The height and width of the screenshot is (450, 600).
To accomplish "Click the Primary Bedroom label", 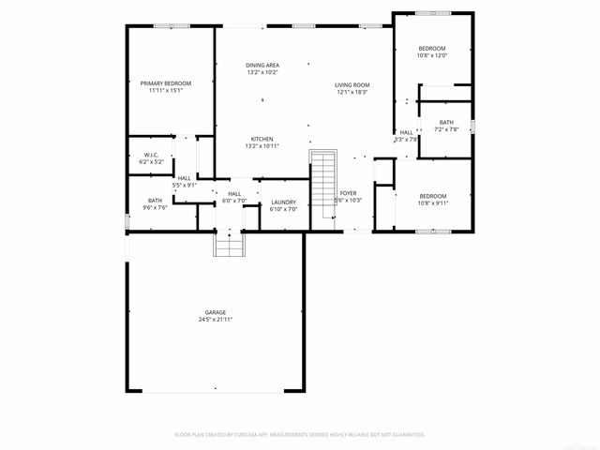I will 165,83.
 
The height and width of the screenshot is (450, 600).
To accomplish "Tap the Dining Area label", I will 262,65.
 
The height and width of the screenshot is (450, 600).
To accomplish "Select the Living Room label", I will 352,84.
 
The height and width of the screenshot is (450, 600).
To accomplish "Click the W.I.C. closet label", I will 152,155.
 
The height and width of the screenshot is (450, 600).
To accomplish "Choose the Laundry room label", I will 284,202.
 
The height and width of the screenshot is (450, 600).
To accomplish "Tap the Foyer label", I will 348,193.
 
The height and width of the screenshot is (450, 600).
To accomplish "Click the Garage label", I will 216,312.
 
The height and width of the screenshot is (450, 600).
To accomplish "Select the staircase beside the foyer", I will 322,183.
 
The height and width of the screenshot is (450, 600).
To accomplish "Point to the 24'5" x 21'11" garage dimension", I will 216,320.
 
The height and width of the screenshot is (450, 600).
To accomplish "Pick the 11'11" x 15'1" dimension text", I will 165,91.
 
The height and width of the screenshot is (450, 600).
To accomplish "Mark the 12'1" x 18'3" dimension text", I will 352,92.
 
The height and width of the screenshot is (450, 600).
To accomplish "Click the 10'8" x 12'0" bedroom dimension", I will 432,55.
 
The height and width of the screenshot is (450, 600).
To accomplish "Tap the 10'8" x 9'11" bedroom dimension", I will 432,202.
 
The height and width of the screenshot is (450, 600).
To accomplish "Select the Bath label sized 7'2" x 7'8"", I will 446,122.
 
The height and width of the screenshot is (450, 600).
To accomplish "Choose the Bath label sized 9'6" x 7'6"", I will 155,200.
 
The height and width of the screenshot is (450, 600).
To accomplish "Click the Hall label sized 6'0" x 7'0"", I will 233,194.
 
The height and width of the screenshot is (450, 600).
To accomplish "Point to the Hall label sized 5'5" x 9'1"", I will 185,178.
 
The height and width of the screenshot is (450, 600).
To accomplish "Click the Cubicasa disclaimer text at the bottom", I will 300,435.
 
